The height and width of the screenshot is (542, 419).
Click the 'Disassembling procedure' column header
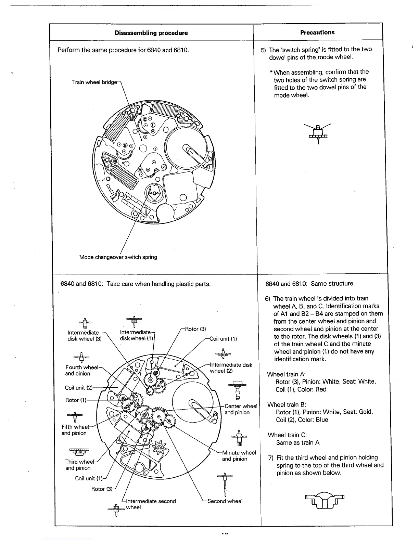click(151, 33)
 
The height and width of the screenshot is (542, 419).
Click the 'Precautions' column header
click(317, 32)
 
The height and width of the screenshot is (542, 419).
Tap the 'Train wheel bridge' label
click(95, 82)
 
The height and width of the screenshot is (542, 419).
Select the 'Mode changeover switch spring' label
click(118, 257)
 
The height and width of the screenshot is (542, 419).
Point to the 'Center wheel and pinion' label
click(241, 409)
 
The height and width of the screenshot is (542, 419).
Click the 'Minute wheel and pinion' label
click(239, 456)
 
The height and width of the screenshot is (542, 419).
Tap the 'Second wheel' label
click(225, 501)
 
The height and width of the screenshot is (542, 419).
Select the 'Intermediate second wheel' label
click(151, 504)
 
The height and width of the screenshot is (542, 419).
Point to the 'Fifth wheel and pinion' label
click(75, 430)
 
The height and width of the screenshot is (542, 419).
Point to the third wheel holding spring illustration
click(323, 501)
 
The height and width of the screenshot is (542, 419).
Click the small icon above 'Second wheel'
click(225, 483)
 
